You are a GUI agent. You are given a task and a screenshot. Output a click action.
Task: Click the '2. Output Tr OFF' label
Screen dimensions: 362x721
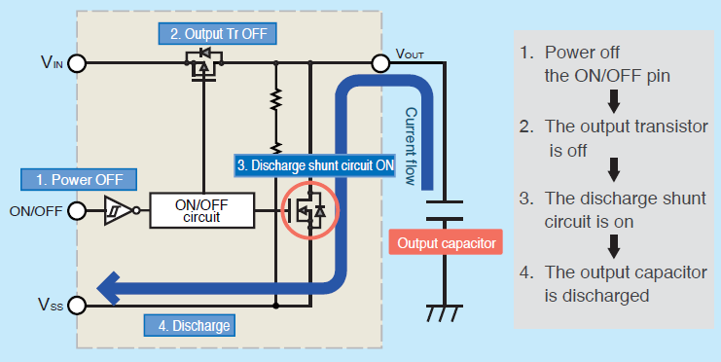click(218, 33)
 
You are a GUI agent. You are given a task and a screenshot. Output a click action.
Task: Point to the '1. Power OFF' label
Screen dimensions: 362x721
click(80, 179)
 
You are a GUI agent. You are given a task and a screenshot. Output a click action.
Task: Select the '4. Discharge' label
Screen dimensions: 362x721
click(188, 324)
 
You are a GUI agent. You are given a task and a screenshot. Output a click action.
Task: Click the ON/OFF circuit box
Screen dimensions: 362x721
click(200, 209)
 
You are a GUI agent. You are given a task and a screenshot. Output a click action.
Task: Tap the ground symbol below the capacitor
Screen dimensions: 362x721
click(444, 314)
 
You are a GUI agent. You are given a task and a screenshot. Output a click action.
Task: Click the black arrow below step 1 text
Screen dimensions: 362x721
click(614, 100)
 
